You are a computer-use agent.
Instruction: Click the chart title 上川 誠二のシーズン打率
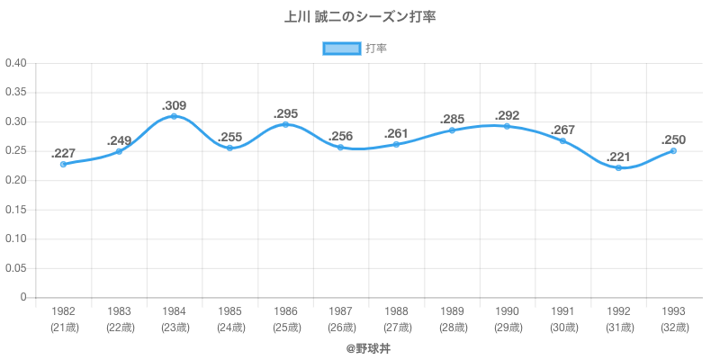point(360,17)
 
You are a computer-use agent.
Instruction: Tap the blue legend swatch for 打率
point(341,49)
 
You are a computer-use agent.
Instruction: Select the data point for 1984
point(174,116)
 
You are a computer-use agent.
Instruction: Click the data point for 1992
point(618,168)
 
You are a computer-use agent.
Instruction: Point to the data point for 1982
point(63,165)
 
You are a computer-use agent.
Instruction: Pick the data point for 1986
point(285,124)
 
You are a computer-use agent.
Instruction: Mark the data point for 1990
point(507,126)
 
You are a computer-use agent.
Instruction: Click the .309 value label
point(174,105)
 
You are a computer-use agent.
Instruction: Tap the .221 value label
point(618,157)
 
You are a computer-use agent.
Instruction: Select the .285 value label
point(452,120)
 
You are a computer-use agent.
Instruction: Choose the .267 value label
point(563,130)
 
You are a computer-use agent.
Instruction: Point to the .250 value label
point(673,139)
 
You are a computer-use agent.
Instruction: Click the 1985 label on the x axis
point(229,311)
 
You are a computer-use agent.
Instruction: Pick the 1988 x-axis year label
point(396,311)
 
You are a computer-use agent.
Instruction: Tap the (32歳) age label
point(673,328)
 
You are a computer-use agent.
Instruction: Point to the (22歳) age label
point(119,328)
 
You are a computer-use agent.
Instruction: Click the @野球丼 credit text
point(360,346)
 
